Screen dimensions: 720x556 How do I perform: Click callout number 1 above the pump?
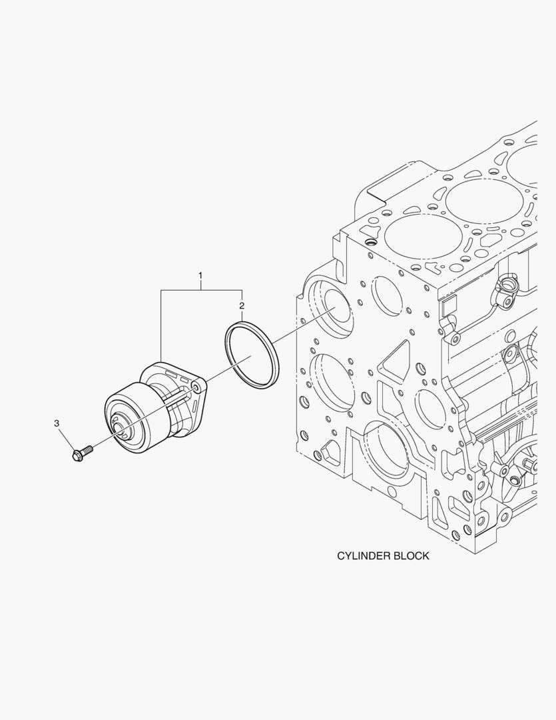200,275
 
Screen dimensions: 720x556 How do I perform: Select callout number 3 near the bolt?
57,423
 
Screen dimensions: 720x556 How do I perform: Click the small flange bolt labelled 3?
82,454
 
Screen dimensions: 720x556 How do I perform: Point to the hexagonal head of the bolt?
77,456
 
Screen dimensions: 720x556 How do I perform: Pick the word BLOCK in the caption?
412,555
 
